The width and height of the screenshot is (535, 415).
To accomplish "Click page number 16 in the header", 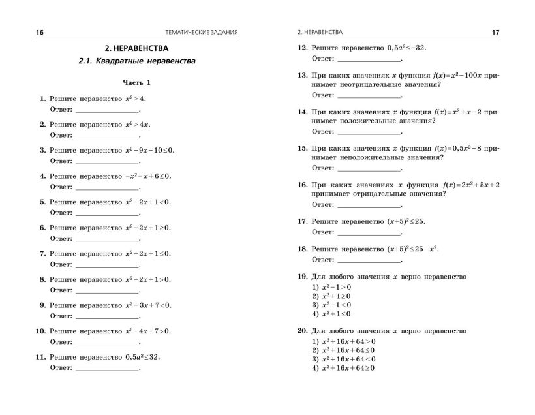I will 40,32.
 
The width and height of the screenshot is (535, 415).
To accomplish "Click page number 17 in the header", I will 495,32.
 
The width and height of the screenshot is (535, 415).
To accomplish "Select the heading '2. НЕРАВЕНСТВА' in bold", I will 136,48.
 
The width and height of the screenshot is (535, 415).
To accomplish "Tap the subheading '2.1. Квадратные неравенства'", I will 136,61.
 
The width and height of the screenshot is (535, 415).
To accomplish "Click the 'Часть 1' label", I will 136,83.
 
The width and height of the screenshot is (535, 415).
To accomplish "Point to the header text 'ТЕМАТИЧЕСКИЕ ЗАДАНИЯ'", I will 202,32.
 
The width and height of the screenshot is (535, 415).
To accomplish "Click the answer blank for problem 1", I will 108,110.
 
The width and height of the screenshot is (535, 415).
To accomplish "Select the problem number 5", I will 42,202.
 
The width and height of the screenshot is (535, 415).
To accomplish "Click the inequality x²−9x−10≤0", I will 150,150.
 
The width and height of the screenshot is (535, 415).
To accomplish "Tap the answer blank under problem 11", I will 108,368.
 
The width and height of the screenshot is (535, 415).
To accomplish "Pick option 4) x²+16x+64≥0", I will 344,368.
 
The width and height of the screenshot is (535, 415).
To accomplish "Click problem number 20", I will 302,331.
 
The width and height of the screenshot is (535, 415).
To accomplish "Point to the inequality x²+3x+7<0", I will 148,305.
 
